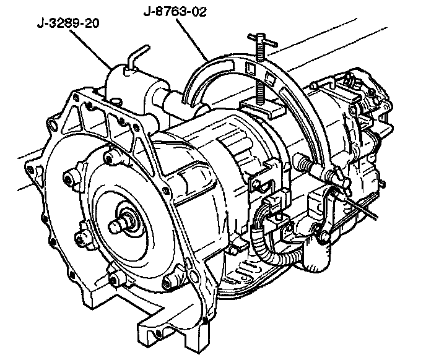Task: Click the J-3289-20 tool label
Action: (68, 23)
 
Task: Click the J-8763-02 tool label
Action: (175, 12)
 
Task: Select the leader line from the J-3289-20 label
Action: (90, 49)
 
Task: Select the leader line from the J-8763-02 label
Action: (192, 40)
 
